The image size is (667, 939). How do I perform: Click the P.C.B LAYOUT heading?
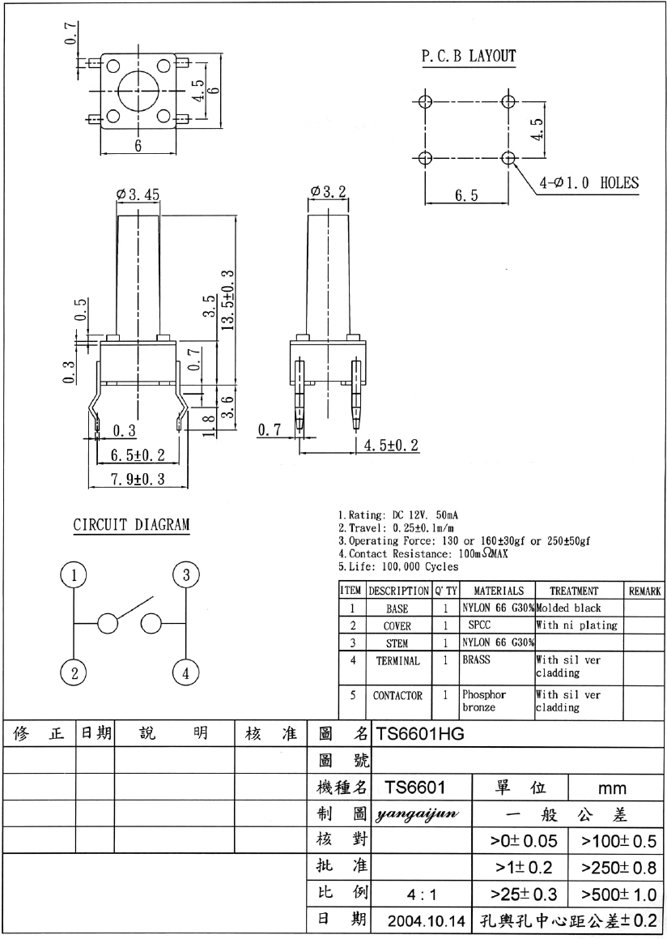(x=469, y=56)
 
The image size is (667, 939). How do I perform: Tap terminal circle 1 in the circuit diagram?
(x=74, y=576)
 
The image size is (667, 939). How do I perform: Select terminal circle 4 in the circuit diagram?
(x=186, y=674)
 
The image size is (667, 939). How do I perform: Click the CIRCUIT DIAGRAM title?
(x=131, y=525)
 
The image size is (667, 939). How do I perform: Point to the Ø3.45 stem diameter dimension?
(x=138, y=194)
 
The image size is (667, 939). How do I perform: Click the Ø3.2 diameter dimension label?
(x=328, y=192)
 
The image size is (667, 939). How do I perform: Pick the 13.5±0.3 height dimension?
(x=227, y=301)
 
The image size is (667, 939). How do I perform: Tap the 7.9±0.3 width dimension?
(x=137, y=479)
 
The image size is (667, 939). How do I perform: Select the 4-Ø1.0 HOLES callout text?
(x=588, y=182)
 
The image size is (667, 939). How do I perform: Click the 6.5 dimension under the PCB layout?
(x=466, y=195)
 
